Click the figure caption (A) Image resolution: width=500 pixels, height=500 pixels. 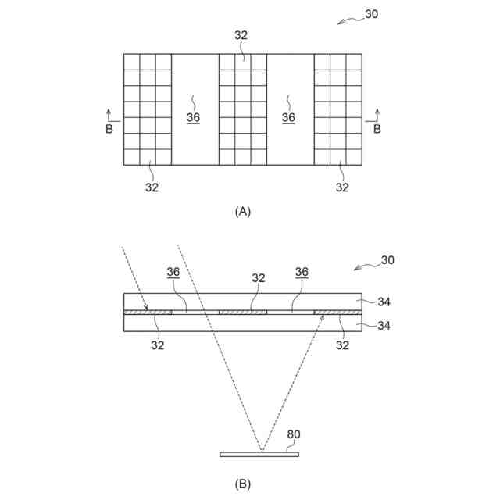click(x=243, y=211)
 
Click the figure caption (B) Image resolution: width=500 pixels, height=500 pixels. click(x=243, y=484)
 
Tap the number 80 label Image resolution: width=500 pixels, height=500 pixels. click(x=294, y=435)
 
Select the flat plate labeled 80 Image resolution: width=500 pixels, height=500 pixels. click(x=259, y=454)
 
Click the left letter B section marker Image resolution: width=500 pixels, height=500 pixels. click(x=109, y=130)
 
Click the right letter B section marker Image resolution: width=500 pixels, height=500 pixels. click(x=377, y=130)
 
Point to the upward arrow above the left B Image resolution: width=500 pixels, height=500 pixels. click(x=109, y=115)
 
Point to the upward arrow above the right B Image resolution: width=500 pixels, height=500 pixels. click(x=377, y=115)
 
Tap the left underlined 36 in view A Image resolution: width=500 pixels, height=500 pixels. click(x=194, y=117)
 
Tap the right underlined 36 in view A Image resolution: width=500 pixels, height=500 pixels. click(x=288, y=117)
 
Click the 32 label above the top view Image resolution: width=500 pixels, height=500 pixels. click(x=242, y=35)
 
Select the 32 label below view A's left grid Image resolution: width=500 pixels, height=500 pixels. click(x=152, y=187)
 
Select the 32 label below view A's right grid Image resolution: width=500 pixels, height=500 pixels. click(x=342, y=187)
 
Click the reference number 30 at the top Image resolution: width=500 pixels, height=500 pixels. click(x=372, y=13)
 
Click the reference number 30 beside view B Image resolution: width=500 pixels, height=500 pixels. click(x=387, y=260)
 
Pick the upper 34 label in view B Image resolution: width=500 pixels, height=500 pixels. click(x=384, y=301)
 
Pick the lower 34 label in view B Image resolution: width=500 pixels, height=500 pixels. click(x=384, y=327)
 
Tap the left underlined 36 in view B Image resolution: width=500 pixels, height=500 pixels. click(x=173, y=272)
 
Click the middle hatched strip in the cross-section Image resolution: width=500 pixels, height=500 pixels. click(x=243, y=312)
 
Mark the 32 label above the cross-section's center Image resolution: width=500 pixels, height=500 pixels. click(x=259, y=277)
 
